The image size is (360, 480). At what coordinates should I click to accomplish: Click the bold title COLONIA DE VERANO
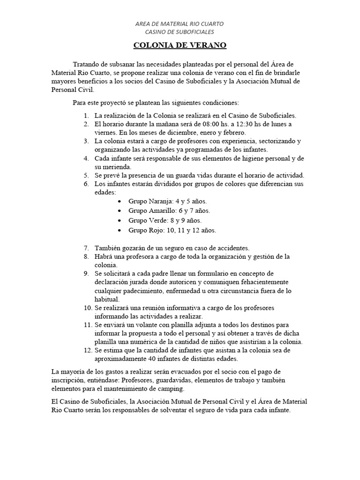click(x=180, y=45)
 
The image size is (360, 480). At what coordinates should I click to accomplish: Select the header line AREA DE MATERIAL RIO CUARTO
click(x=180, y=23)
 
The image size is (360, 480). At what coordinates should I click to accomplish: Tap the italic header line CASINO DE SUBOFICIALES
click(x=180, y=32)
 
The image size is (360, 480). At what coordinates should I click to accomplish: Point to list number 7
click(x=86, y=248)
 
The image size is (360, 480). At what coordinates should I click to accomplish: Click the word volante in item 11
click(x=145, y=324)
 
